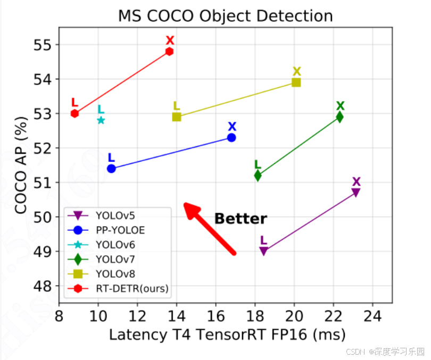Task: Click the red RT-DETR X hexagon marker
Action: [169, 52]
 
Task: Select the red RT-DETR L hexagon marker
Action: [74, 113]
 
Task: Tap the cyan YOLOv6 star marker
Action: [101, 120]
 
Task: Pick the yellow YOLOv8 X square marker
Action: [296, 82]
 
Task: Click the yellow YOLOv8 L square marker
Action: [177, 117]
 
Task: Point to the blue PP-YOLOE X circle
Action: [231, 138]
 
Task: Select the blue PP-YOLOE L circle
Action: [111, 169]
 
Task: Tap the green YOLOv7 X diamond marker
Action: [339, 117]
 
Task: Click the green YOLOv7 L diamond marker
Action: [258, 175]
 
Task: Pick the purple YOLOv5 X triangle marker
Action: [355, 192]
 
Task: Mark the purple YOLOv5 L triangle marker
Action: [263, 251]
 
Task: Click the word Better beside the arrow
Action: [241, 219]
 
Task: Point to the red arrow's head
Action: [185, 204]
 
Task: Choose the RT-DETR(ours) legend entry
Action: [118, 289]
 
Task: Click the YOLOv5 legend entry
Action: [102, 216]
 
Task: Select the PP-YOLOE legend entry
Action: [106, 230]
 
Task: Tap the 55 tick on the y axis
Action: [43, 45]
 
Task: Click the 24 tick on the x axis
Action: [372, 316]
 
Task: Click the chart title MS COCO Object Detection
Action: [226, 15]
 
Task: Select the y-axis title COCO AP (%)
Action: [21, 165]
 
